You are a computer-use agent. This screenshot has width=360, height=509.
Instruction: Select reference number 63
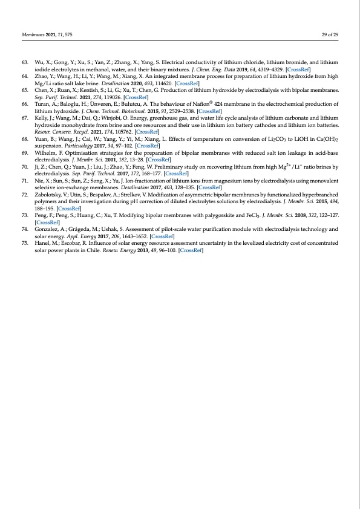pyautogui.click(x=25, y=62)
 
